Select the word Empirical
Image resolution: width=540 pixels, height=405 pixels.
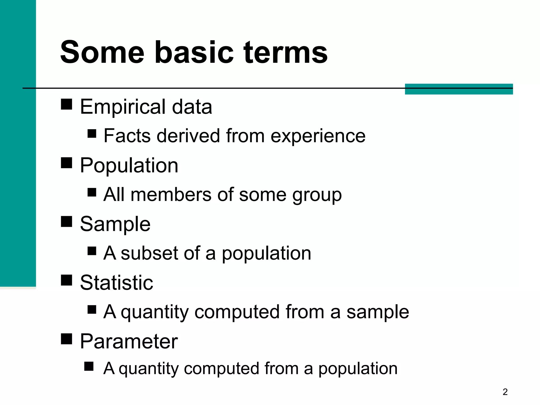coord(123,107)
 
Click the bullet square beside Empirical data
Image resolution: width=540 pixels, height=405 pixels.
coord(66,104)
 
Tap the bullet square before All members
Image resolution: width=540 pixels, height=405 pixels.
coord(92,192)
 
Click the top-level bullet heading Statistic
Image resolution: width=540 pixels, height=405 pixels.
coord(117,283)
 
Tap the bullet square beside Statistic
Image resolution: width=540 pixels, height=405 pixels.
coord(66,280)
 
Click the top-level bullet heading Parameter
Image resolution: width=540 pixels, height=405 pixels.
coord(129,342)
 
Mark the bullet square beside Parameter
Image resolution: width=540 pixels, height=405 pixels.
coord(66,339)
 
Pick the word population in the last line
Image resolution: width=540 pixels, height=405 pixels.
coord(358,369)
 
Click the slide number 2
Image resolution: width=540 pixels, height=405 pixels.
coord(505,392)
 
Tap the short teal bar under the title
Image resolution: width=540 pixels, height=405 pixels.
coord(459,89)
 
